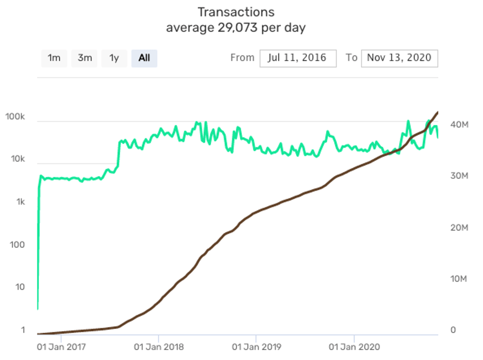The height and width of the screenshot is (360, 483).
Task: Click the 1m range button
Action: (x=54, y=58)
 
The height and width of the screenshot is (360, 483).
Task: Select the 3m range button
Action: (x=85, y=58)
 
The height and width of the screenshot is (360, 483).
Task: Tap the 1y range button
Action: (x=114, y=58)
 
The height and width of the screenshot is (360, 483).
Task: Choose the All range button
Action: (x=144, y=58)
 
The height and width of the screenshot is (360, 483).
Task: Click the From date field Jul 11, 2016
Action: (x=298, y=58)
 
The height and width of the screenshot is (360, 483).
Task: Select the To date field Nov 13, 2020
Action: (x=399, y=58)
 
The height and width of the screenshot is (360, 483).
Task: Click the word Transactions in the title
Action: (x=236, y=12)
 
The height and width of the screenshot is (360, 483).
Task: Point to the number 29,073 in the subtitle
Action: (x=237, y=28)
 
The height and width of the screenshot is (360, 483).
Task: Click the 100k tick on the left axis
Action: (x=15, y=116)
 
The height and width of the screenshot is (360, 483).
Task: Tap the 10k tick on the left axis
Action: (x=17, y=159)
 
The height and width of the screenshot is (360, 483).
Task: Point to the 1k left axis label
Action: (x=20, y=202)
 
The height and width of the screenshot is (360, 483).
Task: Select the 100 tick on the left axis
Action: (x=17, y=245)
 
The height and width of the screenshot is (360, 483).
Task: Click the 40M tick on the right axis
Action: (x=459, y=125)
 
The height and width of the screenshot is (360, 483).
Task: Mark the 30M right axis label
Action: (x=459, y=176)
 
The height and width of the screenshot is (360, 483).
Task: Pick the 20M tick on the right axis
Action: (x=459, y=228)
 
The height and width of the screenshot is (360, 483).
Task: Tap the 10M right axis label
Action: (x=459, y=279)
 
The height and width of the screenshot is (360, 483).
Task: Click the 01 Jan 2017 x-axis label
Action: (x=61, y=347)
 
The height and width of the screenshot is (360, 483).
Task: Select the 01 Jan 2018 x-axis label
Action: (x=159, y=347)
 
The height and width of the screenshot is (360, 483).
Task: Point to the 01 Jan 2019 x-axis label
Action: (x=256, y=347)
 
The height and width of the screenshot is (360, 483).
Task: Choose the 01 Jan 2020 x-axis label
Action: (x=354, y=347)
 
